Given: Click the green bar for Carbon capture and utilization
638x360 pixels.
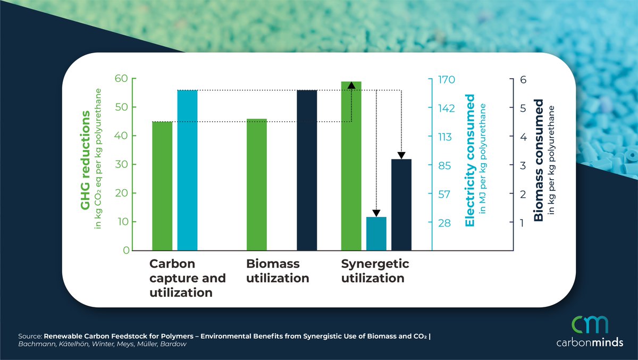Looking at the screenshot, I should pyautogui.click(x=162, y=186).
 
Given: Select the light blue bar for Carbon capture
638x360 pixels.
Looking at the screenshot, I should pyautogui.click(x=187, y=170).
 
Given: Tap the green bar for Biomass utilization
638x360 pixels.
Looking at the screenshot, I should pyautogui.click(x=257, y=185).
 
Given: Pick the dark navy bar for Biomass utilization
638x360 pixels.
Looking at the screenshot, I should pyautogui.click(x=307, y=170).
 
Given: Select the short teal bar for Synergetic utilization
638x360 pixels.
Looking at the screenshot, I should pyautogui.click(x=376, y=233).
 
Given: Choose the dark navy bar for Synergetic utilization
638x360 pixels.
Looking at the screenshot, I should pyautogui.click(x=401, y=205).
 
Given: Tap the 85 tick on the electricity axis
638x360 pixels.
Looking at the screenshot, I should pyautogui.click(x=443, y=166).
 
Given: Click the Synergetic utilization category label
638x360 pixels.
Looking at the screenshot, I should pyautogui.click(x=375, y=271).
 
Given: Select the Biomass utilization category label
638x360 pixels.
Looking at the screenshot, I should pyautogui.click(x=278, y=271).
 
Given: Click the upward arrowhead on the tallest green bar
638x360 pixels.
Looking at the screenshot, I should pyautogui.click(x=351, y=85).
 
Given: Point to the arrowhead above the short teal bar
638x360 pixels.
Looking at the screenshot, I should pyautogui.click(x=376, y=213).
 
